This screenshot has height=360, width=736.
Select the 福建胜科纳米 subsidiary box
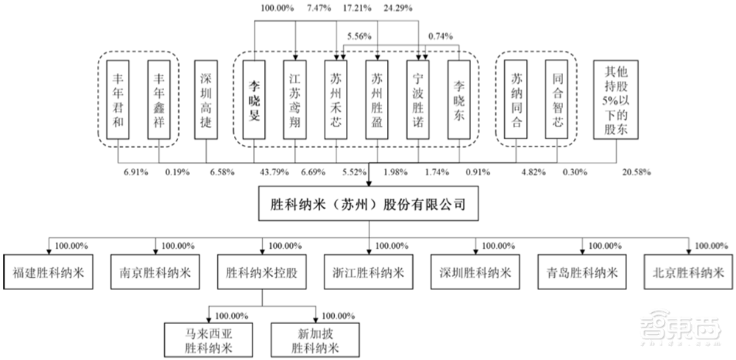click(48, 271)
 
